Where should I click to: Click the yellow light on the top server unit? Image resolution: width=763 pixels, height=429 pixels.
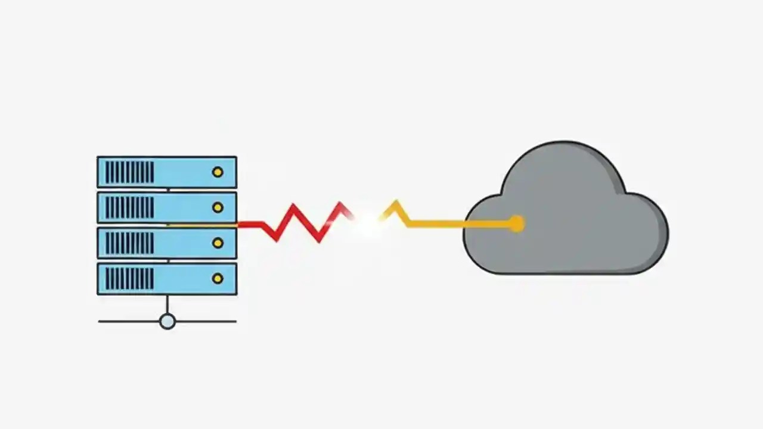[x=218, y=172]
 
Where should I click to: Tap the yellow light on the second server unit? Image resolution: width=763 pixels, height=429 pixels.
[x=218, y=207]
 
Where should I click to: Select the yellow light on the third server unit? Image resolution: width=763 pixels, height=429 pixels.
[x=218, y=243]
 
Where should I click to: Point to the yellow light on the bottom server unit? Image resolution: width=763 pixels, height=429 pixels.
[x=218, y=278]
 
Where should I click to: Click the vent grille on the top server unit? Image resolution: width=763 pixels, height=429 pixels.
[x=129, y=172]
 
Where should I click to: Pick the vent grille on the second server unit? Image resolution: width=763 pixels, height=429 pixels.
[x=129, y=207]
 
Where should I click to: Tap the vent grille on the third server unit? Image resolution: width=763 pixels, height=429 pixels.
[x=129, y=243]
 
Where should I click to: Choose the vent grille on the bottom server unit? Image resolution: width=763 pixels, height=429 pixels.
[x=129, y=278]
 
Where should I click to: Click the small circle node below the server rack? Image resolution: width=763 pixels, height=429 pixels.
[x=168, y=322]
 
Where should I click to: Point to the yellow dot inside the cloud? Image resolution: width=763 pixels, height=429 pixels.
[x=516, y=224]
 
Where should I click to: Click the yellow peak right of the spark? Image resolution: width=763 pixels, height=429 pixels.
[x=395, y=206]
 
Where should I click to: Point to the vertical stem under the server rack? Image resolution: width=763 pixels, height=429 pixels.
[x=168, y=304]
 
